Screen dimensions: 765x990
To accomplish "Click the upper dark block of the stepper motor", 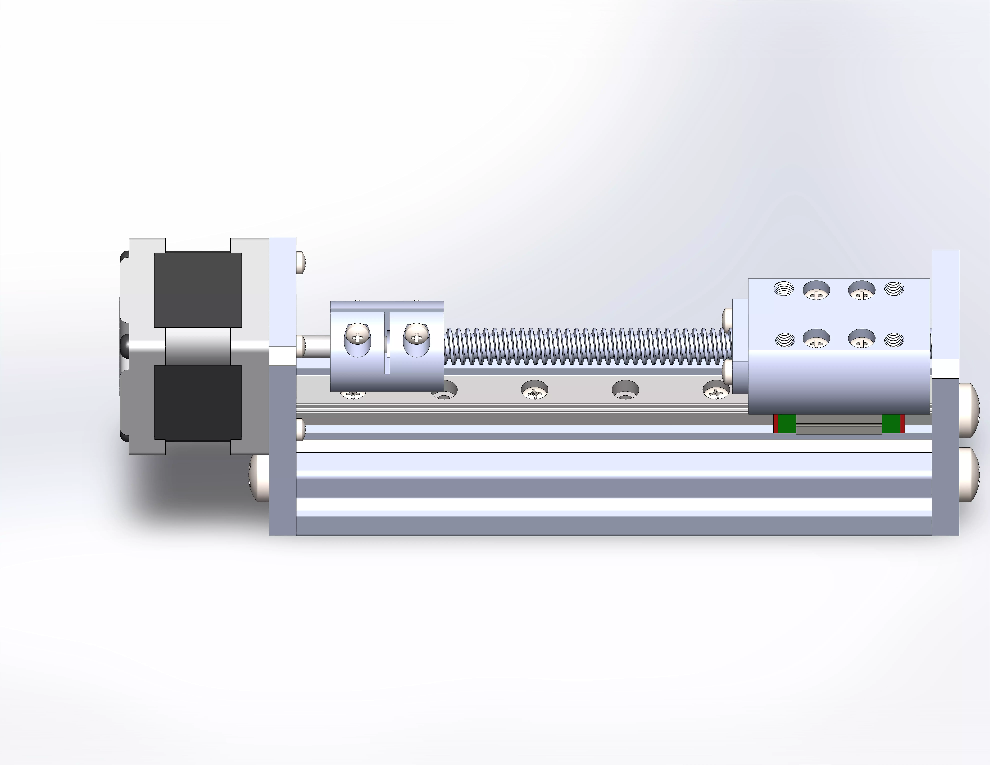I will point(198,290).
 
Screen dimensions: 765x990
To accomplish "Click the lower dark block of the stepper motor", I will point(198,402).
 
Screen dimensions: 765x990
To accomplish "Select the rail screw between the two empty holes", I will point(534,390).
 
